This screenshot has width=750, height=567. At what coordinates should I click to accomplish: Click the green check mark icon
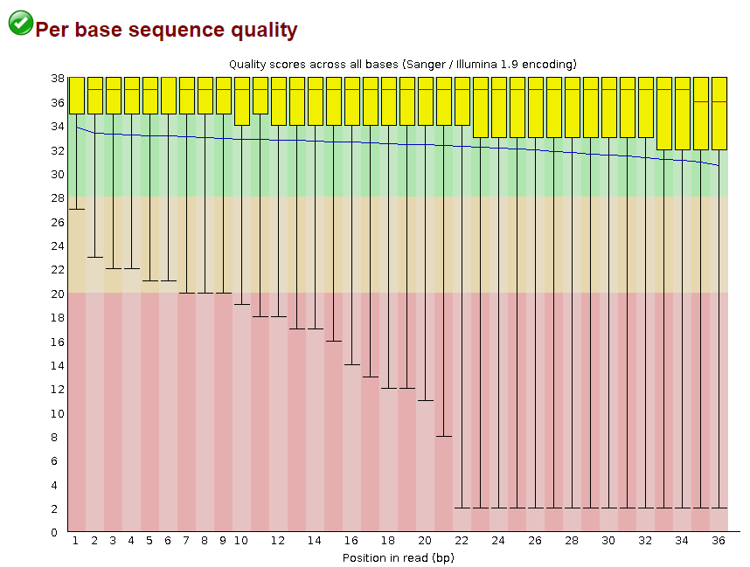pyautogui.click(x=20, y=24)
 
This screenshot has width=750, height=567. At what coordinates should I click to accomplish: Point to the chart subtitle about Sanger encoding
pyautogui.click(x=402, y=64)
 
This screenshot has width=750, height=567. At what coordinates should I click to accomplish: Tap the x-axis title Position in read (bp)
pyautogui.click(x=398, y=557)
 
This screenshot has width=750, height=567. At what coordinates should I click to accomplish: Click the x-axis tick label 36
pyautogui.click(x=719, y=542)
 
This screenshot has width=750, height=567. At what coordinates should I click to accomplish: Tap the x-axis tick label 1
pyautogui.click(x=76, y=542)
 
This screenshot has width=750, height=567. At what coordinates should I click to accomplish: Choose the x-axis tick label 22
pyautogui.click(x=462, y=542)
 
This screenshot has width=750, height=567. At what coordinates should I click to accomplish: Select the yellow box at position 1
pyautogui.click(x=77, y=95)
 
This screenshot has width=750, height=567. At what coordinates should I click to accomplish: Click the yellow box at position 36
pyautogui.click(x=719, y=114)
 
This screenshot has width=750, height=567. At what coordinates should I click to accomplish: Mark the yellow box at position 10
pyautogui.click(x=242, y=101)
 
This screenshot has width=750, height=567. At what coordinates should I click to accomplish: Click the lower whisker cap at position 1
pyautogui.click(x=77, y=209)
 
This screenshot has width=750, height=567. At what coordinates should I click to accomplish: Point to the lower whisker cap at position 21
pyautogui.click(x=443, y=436)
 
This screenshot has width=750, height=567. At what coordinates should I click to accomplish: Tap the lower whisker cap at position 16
pyautogui.click(x=351, y=364)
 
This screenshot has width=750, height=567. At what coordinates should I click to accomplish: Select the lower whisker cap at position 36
pyautogui.click(x=719, y=508)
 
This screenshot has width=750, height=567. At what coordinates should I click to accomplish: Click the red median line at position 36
pyautogui.click(x=719, y=101)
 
